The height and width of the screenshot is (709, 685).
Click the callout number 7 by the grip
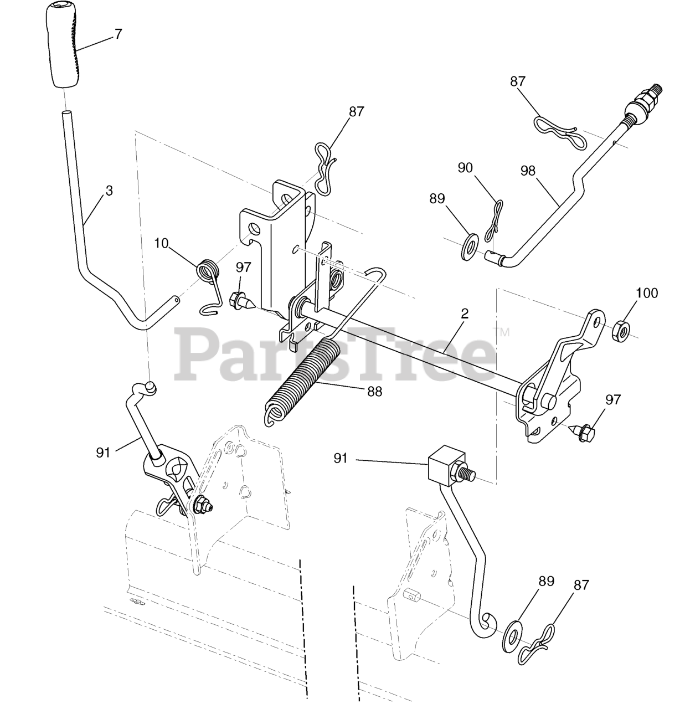(117, 33)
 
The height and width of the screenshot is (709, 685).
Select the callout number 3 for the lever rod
(109, 191)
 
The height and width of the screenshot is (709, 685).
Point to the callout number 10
(161, 243)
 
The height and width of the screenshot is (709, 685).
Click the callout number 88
(374, 391)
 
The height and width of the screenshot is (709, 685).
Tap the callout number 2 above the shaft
(465, 314)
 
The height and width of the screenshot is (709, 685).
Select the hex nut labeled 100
(620, 330)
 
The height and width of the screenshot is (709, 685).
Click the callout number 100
(646, 292)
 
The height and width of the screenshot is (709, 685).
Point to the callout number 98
(528, 171)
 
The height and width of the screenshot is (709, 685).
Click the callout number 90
(466, 167)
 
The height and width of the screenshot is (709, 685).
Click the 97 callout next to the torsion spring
(243, 267)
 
